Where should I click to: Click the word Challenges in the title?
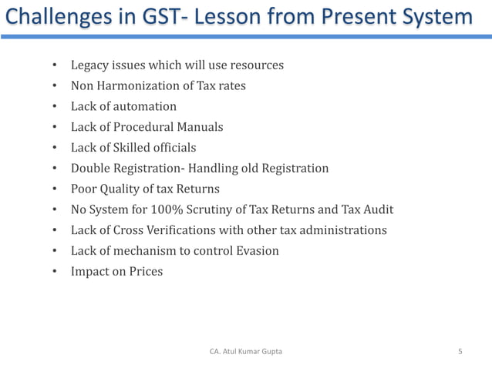click(51, 16)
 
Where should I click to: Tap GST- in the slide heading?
click(160, 16)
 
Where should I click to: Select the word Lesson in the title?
click(228, 16)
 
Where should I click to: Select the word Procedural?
click(144, 127)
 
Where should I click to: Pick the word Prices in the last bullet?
click(146, 272)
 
